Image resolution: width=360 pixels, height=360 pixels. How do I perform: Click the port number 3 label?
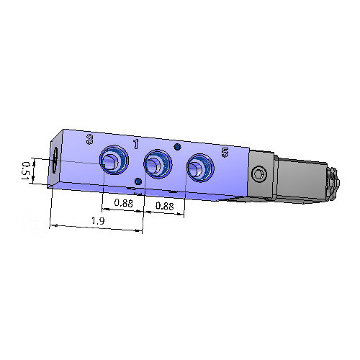click(89, 139)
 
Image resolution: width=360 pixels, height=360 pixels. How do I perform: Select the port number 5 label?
click(225, 152)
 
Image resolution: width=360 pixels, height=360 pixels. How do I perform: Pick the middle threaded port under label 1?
click(155, 164)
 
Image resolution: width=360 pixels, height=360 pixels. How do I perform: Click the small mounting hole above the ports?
click(177, 148)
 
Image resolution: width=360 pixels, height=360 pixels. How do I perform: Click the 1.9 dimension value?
click(98, 222)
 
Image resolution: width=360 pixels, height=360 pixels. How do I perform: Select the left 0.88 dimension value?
click(124, 204)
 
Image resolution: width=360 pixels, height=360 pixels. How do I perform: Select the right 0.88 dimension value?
click(165, 206)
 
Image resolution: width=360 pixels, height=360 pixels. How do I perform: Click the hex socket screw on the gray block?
click(258, 174)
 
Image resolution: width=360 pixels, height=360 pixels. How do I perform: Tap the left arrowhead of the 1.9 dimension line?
click(53, 226)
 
